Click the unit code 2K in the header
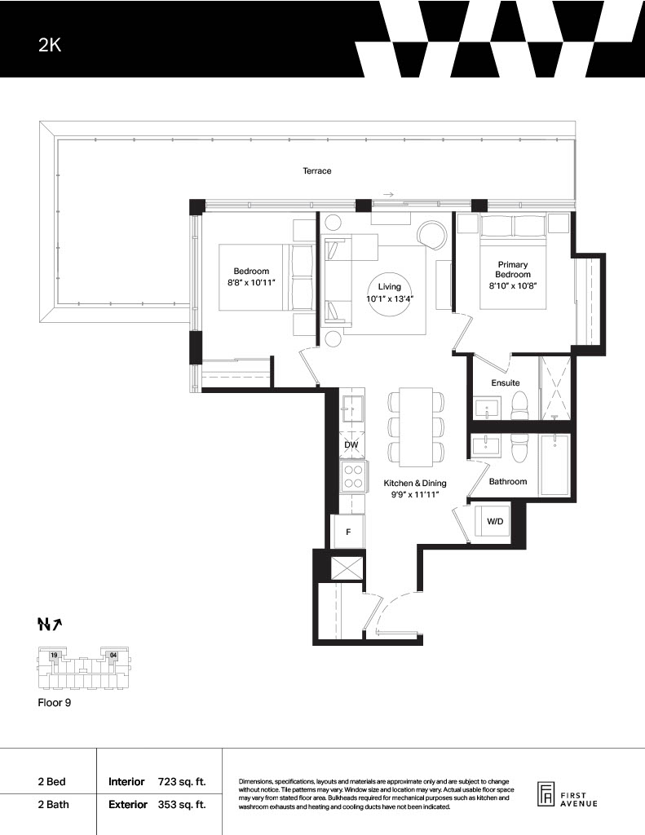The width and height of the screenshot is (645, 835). pos(50,46)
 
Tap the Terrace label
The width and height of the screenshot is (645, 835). pos(317,171)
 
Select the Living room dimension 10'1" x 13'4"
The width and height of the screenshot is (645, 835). pos(389,298)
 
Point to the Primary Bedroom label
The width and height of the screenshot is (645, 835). pos(512,269)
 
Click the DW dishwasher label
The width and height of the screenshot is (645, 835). pos(351,444)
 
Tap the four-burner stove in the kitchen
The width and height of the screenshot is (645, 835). pos(353,476)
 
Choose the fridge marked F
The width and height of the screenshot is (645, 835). pos(348,532)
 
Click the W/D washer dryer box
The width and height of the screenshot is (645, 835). pos(493,522)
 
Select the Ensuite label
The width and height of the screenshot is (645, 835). pos(505,383)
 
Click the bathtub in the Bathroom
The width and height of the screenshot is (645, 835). pos(554,465)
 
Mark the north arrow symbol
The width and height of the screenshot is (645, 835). pos(50,624)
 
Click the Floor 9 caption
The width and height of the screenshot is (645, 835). pos(55,703)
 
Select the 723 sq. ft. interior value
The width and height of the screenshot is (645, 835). pos(182,782)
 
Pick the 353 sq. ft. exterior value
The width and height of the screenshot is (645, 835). pos(182,805)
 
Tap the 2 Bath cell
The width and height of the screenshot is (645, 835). pos(53,805)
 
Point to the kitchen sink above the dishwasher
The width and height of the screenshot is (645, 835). pos(351,409)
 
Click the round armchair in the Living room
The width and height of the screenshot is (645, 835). pos(433,234)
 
